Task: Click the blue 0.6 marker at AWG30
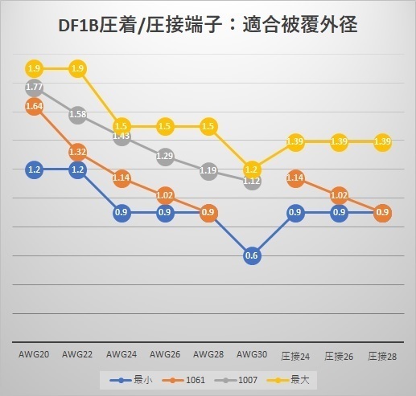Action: [x=251, y=255]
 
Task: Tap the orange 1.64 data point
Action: [x=35, y=106]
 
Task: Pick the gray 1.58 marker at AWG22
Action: [x=78, y=114]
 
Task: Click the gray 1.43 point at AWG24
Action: [x=122, y=136]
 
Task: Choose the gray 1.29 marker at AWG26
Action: [x=165, y=156]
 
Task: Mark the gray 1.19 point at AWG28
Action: [x=208, y=170]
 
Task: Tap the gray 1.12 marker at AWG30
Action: [x=251, y=181]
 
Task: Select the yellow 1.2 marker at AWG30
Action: [x=251, y=169]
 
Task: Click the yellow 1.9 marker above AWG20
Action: [x=35, y=68]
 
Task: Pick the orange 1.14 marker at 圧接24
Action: [x=294, y=178]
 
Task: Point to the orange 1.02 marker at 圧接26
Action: [x=338, y=194]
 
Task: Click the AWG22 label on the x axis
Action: [x=78, y=353]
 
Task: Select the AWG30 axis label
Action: [x=251, y=353]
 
